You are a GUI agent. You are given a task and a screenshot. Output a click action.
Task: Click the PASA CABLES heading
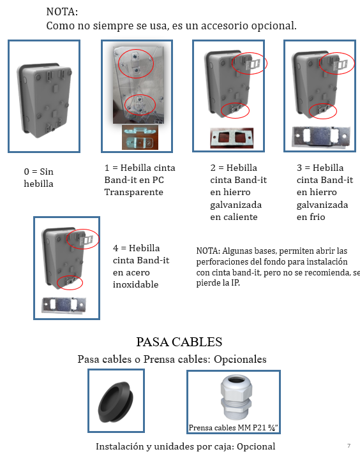[179, 342]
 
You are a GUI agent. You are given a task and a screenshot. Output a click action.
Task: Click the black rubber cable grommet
[116, 402]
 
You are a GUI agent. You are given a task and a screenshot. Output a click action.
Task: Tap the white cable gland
[236, 397]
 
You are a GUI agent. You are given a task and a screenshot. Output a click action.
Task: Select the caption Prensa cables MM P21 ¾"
[234, 428]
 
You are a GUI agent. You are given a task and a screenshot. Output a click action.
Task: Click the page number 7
[349, 446]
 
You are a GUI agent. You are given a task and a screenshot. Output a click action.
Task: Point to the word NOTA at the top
[62, 12]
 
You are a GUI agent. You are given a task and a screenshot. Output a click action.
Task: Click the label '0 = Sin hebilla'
[38, 177]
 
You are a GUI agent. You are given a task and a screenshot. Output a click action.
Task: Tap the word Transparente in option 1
[133, 193]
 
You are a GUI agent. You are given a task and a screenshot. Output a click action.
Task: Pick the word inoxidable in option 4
[136, 284]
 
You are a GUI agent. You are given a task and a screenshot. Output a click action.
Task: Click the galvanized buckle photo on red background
[232, 138]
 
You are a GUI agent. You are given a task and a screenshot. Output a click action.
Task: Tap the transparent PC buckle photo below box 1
[140, 137]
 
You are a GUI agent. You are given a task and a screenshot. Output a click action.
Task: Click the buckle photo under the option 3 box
[321, 137]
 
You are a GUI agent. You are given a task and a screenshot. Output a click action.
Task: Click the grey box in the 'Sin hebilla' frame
[45, 101]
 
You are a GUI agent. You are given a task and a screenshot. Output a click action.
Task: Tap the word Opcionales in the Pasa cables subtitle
[240, 360]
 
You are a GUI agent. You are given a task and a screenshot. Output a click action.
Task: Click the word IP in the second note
[235, 282]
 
